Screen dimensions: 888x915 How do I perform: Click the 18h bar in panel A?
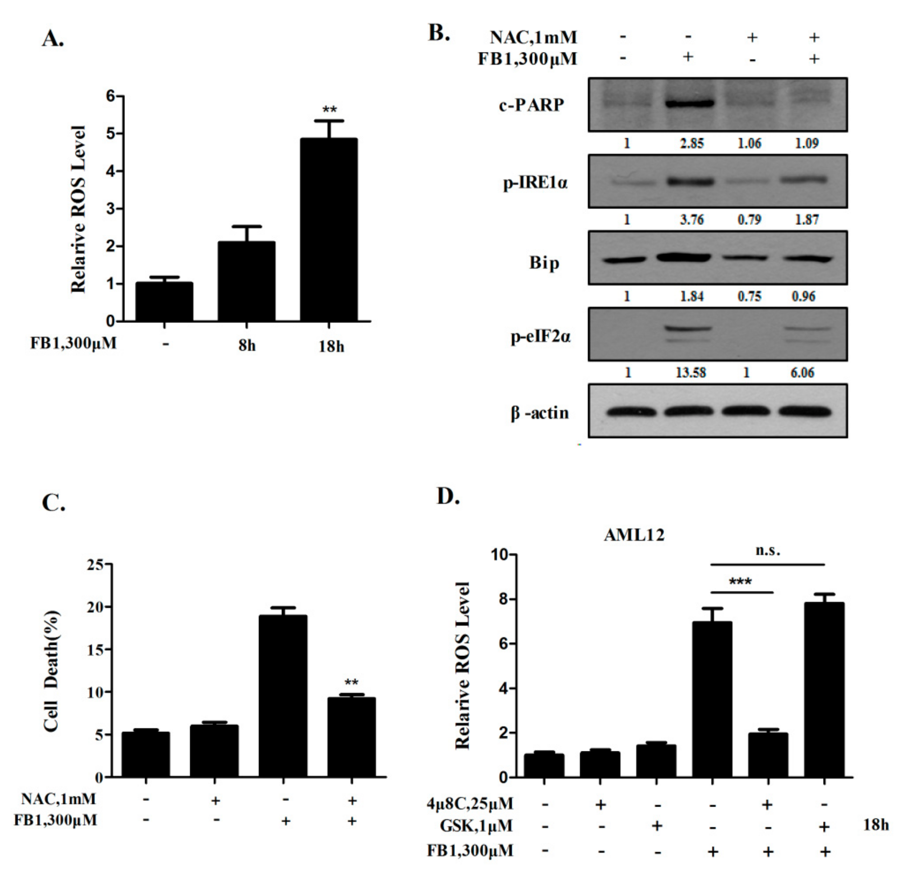[x=329, y=229]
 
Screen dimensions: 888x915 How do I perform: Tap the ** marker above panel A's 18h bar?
[x=329, y=110]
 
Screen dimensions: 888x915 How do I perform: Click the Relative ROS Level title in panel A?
[x=78, y=209]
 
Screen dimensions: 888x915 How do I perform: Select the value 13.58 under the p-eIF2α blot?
[x=691, y=372]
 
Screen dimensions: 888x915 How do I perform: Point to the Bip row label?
[x=544, y=263]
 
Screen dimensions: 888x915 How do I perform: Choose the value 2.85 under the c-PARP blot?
[x=691, y=143]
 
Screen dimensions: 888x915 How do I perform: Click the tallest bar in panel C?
[x=283, y=696]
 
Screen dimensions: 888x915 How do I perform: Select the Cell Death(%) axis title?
[x=51, y=671]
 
